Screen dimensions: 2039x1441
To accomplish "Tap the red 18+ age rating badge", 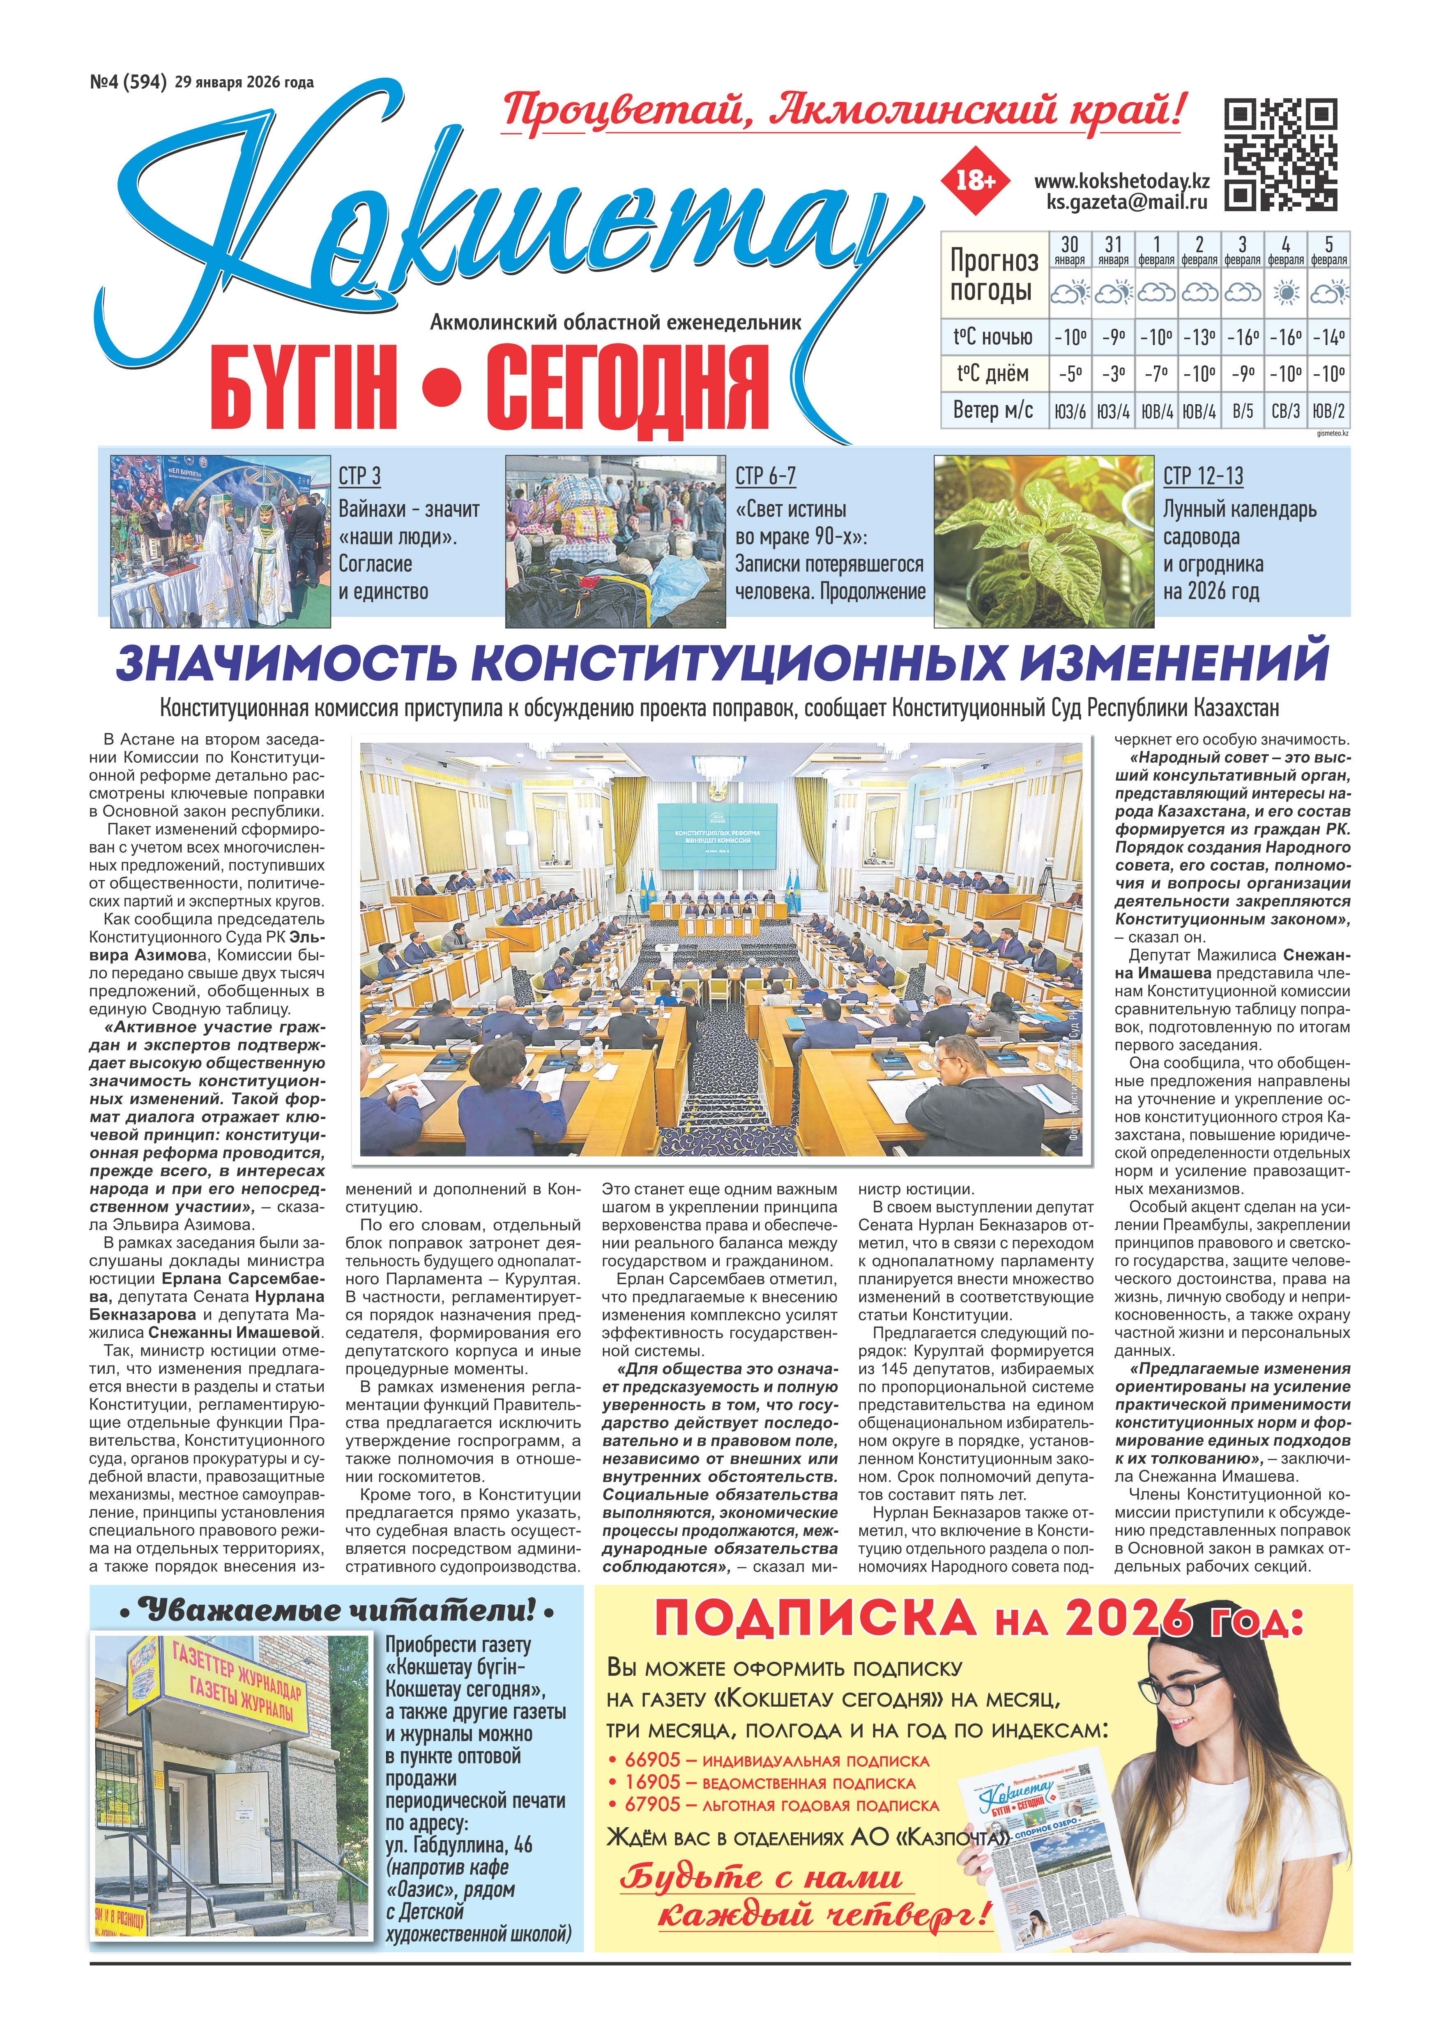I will click(x=975, y=180).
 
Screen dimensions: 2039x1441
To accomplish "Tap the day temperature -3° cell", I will click(x=1112, y=374).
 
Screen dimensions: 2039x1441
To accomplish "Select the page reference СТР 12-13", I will click(x=1203, y=477).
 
